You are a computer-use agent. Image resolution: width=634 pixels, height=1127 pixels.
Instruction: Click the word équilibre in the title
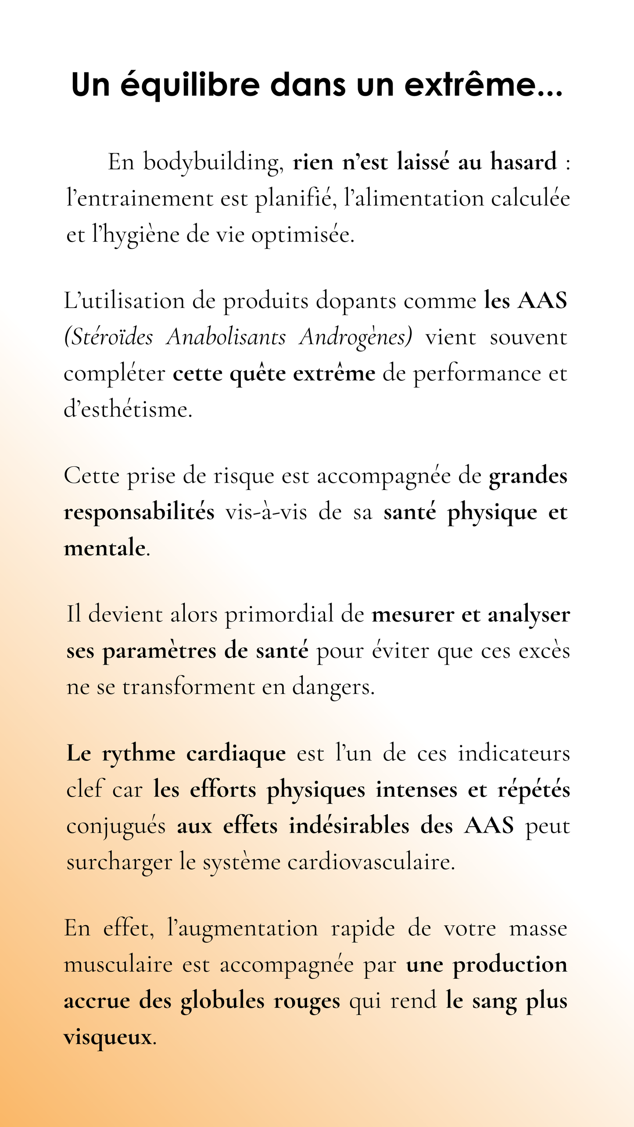(190, 85)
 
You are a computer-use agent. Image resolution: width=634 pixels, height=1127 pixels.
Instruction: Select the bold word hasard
(523, 162)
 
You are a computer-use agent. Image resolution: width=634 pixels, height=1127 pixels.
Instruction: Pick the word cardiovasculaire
(371, 863)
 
